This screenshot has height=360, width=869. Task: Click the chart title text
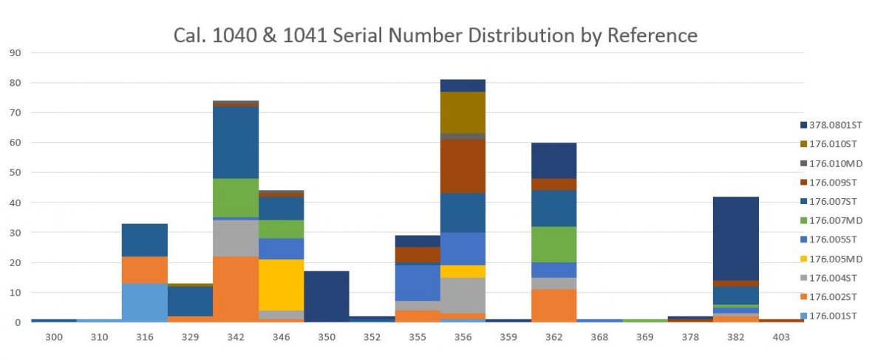434,35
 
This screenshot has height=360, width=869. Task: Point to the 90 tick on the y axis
16,52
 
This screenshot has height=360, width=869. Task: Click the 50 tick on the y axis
16,172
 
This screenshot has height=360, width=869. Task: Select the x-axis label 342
236,336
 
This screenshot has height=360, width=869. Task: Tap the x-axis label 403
781,336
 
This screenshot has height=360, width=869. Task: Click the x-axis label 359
508,336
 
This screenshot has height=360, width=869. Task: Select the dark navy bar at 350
327,296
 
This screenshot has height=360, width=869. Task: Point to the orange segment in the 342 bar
236,289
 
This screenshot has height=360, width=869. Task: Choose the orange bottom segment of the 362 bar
553,305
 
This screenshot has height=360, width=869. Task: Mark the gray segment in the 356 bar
463,295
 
